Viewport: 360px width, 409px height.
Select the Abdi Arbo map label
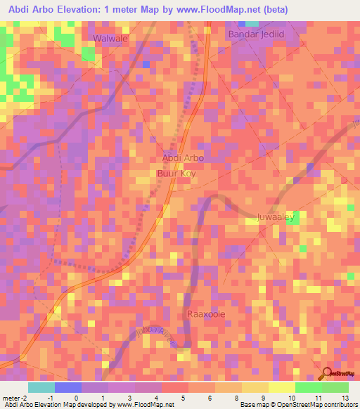click(183, 158)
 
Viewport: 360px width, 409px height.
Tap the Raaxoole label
click(205, 314)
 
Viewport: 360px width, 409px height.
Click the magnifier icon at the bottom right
click(328, 373)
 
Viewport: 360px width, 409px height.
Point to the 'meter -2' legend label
click(15, 398)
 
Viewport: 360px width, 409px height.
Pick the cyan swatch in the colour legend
click(41, 387)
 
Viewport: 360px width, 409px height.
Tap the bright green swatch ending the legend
click(335, 387)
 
